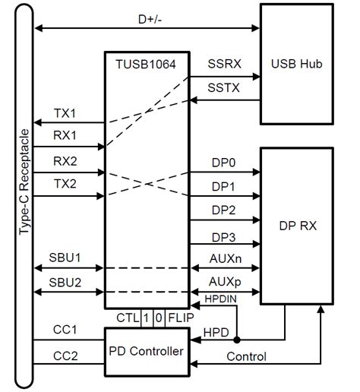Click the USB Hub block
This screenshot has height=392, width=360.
tap(296, 63)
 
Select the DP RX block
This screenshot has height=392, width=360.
tap(296, 226)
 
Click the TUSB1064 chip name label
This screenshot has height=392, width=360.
tap(144, 66)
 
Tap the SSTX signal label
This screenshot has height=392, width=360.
tap(225, 89)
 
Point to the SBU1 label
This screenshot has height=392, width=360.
tap(65, 258)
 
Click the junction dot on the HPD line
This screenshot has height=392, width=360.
tap(237, 340)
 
